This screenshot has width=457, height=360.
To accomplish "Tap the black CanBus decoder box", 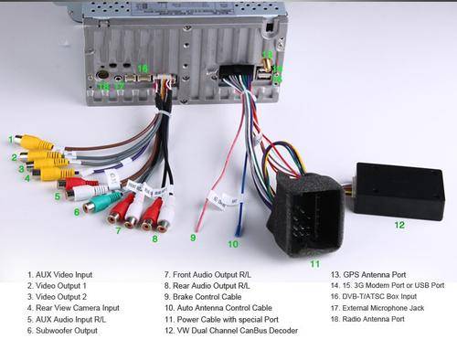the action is [x=399, y=191].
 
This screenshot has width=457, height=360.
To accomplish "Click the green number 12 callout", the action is [x=399, y=225].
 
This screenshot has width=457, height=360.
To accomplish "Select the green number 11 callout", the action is [x=315, y=264].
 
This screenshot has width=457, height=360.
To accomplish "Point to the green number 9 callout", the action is [x=193, y=238].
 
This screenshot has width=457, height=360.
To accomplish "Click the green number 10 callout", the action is [x=233, y=244].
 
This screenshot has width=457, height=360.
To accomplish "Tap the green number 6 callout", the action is [x=77, y=212].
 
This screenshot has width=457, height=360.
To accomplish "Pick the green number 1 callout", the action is [x=11, y=140].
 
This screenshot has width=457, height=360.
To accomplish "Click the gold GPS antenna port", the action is [x=267, y=64].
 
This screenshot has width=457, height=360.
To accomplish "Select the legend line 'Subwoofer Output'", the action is [x=62, y=331].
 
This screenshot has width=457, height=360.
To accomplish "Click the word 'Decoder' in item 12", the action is [x=283, y=331].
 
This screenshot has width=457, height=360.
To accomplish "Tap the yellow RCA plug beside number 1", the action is [x=34, y=142].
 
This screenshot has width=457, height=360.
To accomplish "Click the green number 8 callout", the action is [x=155, y=238].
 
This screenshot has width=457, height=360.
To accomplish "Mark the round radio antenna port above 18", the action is [x=102, y=75].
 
